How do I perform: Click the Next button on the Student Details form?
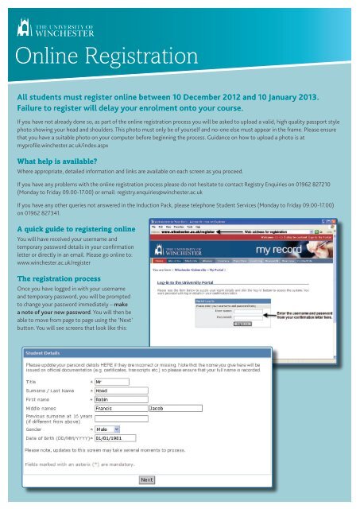[147, 480]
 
